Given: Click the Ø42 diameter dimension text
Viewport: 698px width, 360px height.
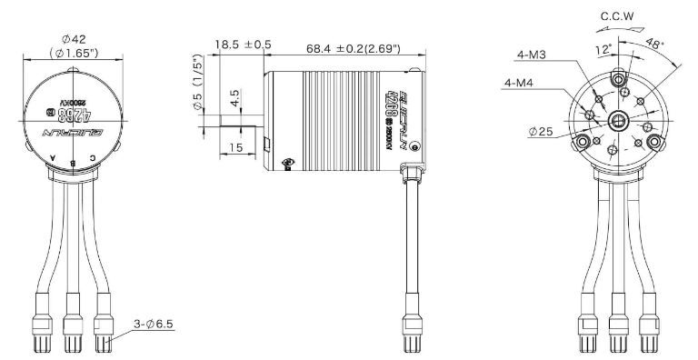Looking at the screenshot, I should point(74,39).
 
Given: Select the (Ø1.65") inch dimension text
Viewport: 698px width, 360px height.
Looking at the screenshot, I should point(74,55).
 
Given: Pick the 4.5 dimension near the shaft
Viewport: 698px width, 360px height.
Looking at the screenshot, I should point(235,95).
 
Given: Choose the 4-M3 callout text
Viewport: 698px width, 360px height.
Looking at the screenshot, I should point(531,55).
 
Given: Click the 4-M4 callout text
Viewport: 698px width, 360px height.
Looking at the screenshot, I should point(519,84).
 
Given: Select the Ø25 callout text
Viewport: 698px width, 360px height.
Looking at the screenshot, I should point(538,131).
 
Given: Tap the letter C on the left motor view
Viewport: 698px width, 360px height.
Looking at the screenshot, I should point(95,160).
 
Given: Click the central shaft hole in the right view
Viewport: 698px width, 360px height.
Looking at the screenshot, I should point(619,118).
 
